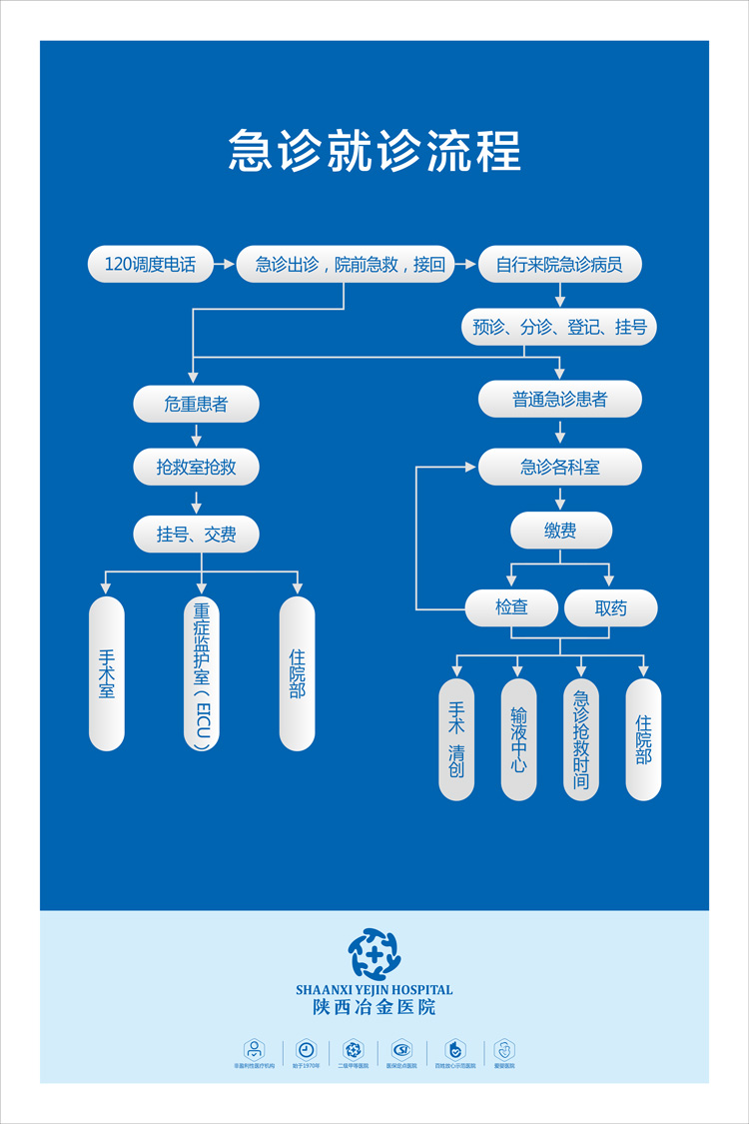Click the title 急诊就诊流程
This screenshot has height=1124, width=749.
tap(374, 151)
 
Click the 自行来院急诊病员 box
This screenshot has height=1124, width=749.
tap(559, 265)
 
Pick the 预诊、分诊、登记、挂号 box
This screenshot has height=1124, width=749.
tap(559, 327)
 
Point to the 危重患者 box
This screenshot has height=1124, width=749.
tap(196, 405)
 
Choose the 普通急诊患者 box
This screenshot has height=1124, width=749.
tap(559, 400)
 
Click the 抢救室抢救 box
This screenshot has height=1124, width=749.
tap(196, 467)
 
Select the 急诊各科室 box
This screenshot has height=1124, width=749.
tap(559, 467)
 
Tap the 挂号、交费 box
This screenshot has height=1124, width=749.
tap(196, 535)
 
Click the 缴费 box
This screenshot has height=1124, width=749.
tap(560, 531)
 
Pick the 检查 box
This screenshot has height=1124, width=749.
tap(511, 607)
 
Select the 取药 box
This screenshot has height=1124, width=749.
tap(610, 607)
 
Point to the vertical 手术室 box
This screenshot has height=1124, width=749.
tap(107, 673)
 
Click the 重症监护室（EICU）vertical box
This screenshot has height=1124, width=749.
tap(202, 673)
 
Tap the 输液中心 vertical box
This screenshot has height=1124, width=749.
tap(518, 739)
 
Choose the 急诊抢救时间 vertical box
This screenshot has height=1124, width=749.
tap(581, 739)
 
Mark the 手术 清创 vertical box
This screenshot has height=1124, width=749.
tap(456, 739)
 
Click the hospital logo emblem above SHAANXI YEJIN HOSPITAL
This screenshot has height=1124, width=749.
tap(374, 954)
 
